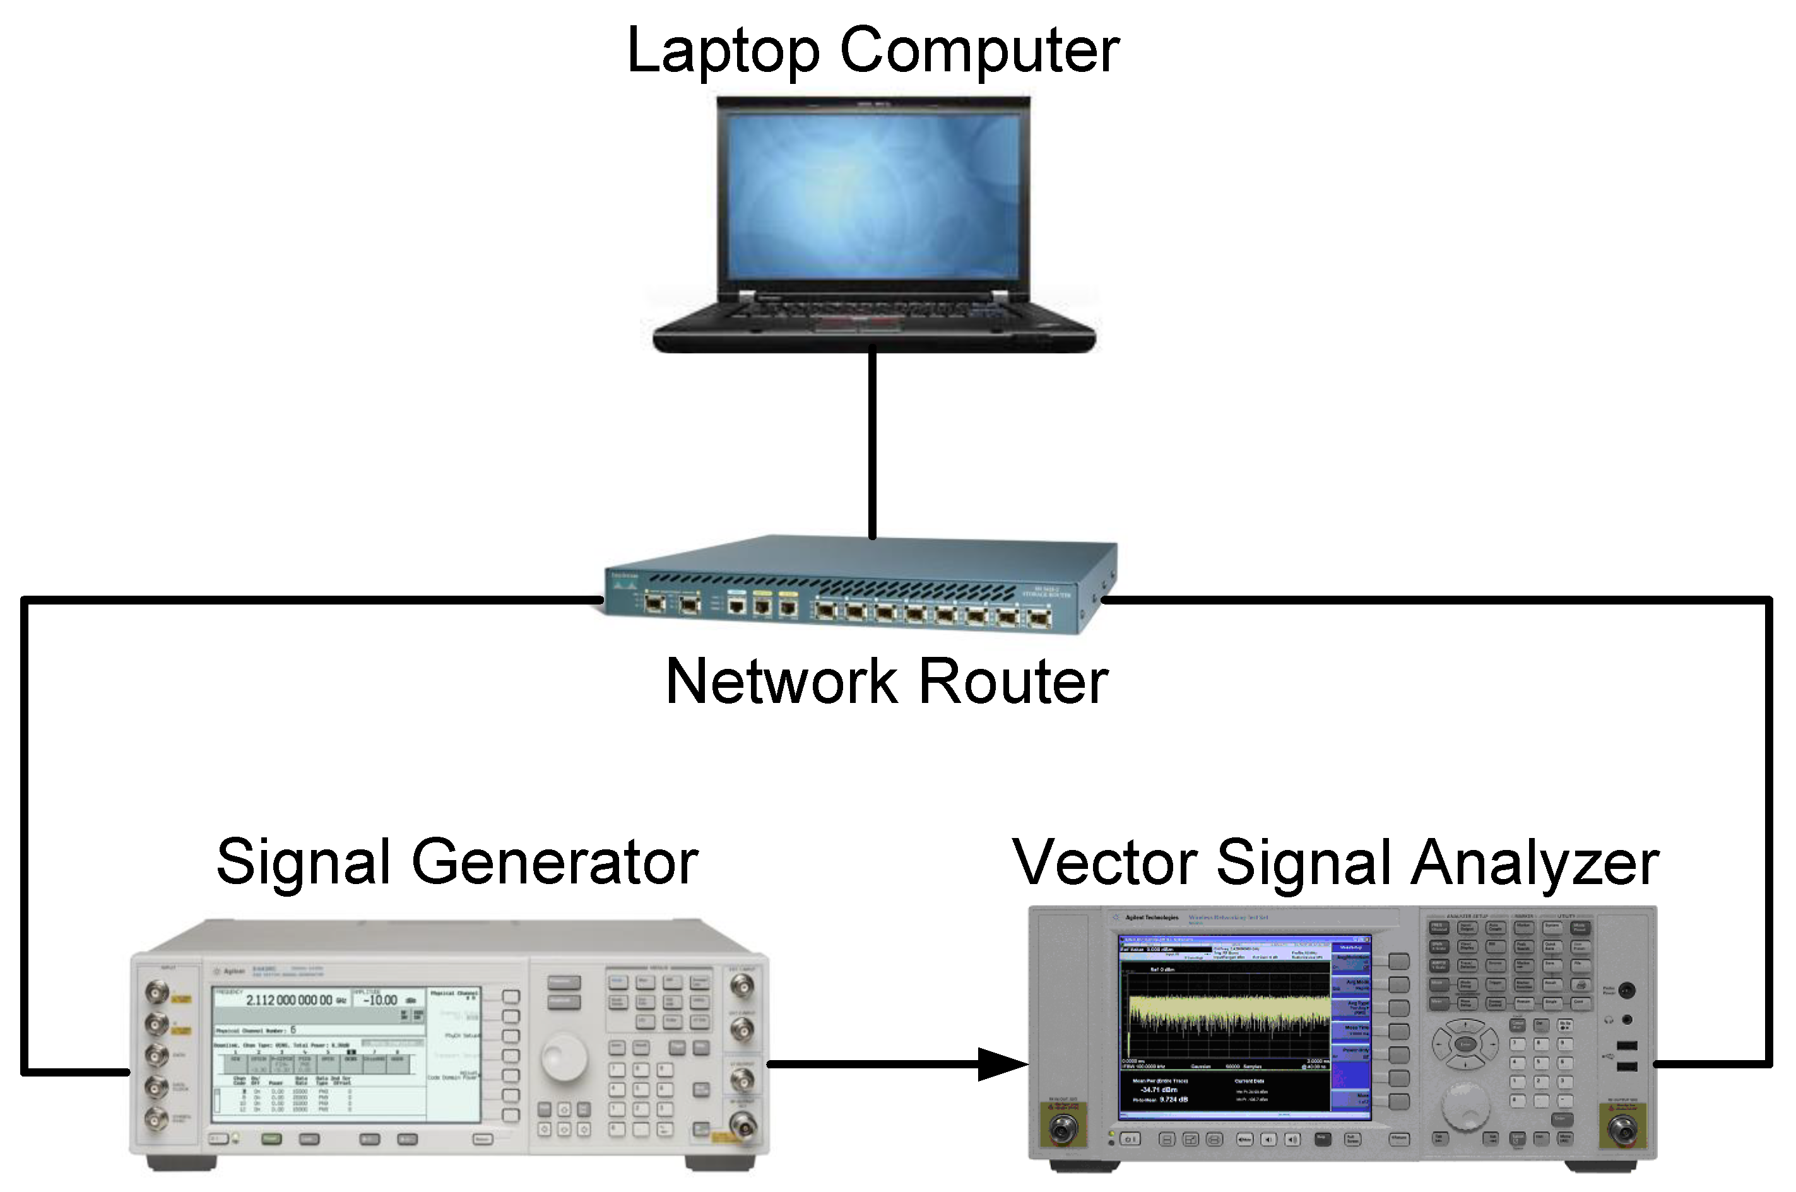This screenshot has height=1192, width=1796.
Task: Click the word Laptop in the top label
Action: click(722, 52)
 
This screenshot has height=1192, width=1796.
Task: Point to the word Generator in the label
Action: click(554, 862)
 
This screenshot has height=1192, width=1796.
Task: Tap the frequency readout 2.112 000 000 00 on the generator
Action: click(289, 1000)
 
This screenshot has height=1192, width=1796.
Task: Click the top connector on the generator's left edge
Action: click(157, 991)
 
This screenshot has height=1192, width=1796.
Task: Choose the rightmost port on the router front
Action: click(1038, 617)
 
